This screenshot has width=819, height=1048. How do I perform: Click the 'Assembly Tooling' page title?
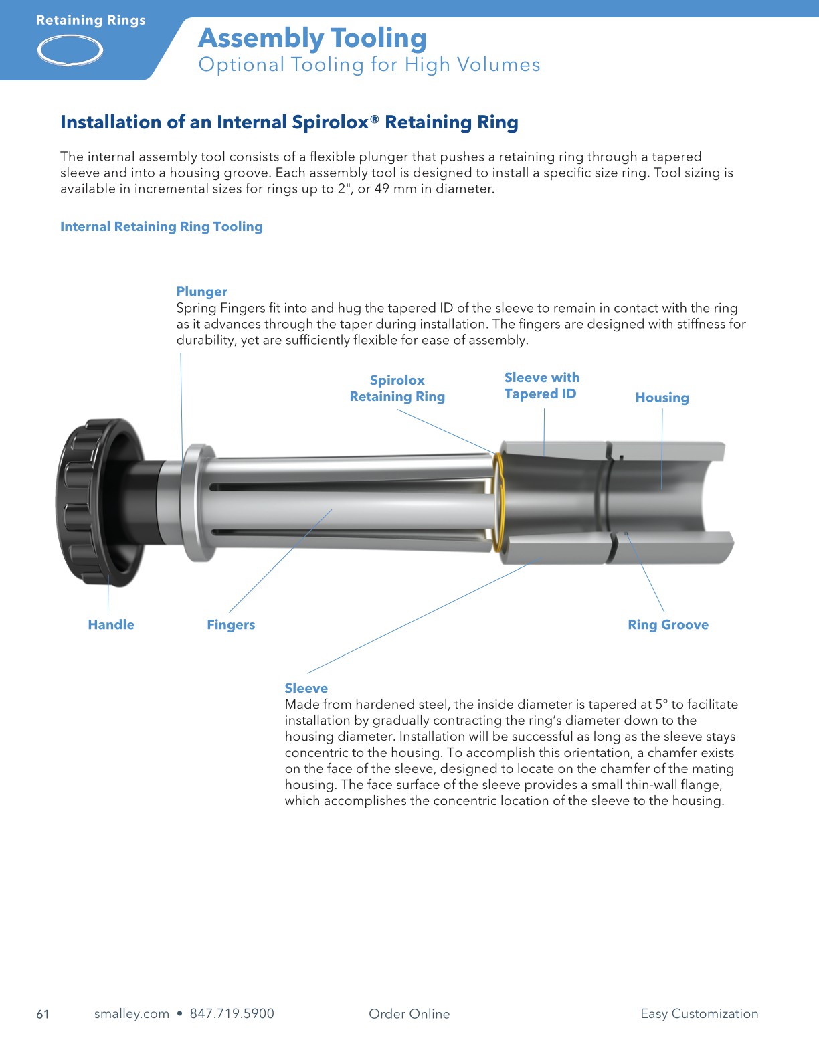click(x=312, y=38)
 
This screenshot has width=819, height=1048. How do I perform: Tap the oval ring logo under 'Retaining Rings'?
click(x=70, y=51)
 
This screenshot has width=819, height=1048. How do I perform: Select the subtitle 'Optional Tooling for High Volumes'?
click(x=369, y=65)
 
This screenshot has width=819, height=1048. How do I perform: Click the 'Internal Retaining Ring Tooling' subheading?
click(x=161, y=226)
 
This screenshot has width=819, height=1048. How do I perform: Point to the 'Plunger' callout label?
click(x=201, y=292)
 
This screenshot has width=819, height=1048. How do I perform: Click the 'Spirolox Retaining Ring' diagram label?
click(x=397, y=388)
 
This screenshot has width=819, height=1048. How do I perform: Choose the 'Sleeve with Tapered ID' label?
click(x=541, y=386)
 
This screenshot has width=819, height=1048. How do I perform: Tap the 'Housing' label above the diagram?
click(x=662, y=398)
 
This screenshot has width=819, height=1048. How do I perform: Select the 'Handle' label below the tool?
click(x=111, y=624)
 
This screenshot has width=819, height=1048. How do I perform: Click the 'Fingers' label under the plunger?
click(x=231, y=624)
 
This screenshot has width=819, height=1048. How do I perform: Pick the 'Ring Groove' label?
click(x=668, y=624)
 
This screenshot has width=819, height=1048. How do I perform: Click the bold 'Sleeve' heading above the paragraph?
click(x=306, y=688)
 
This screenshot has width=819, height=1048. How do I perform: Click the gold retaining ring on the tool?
click(x=497, y=502)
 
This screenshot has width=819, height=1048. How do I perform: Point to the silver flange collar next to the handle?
click(x=197, y=502)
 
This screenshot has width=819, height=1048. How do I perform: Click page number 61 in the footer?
click(x=43, y=1014)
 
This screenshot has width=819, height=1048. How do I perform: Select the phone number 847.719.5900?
click(x=232, y=1013)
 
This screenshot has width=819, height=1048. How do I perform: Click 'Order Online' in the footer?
click(x=409, y=1013)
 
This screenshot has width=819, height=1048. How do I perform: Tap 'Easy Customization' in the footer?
click(x=699, y=1013)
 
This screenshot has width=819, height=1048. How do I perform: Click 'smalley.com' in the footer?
click(x=131, y=1013)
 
